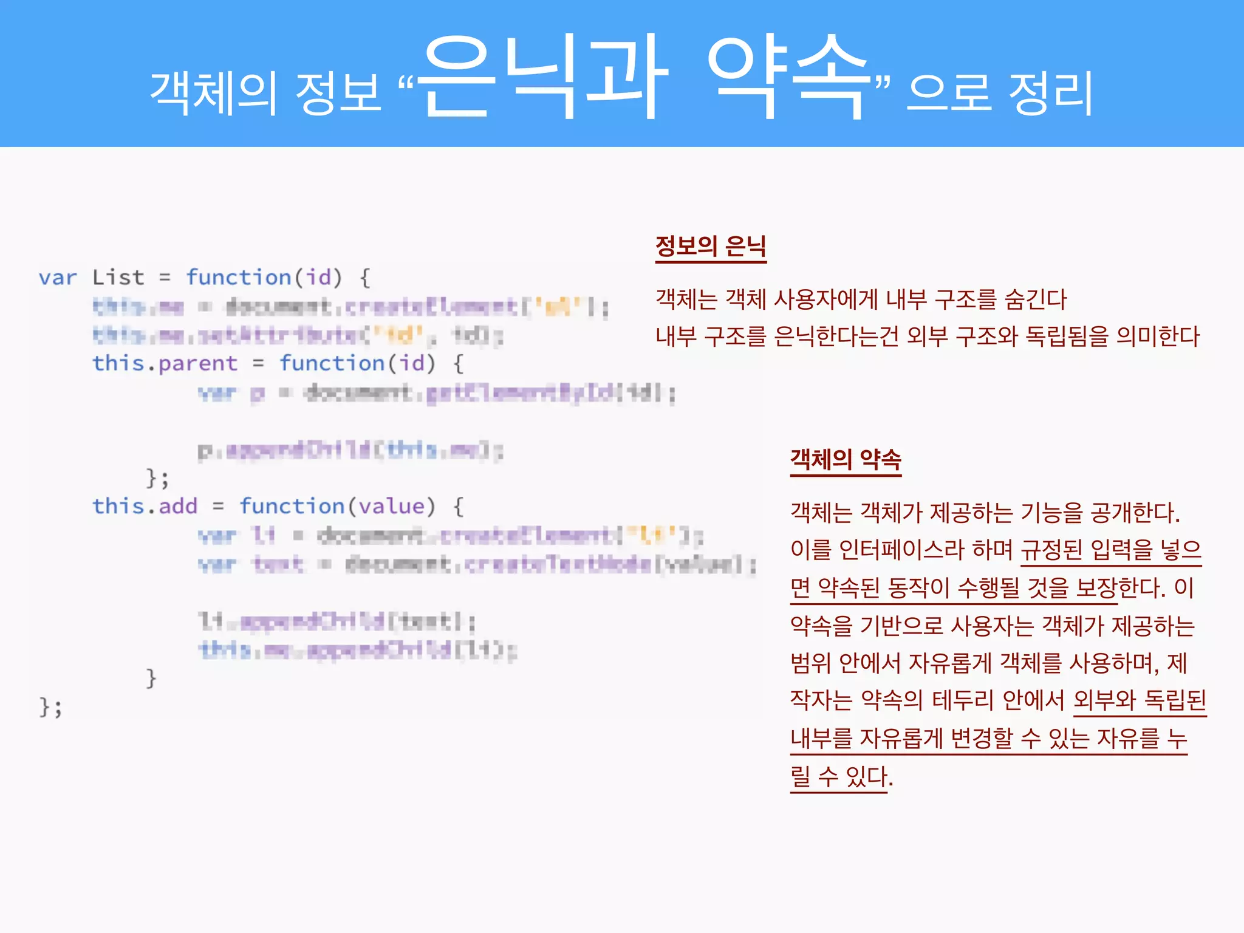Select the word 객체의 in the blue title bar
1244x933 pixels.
213,92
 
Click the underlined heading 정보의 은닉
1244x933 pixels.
711,247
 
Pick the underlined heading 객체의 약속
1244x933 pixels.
846,460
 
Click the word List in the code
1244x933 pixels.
118,278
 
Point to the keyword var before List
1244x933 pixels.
58,278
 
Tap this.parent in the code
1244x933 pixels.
165,363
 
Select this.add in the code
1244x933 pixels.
145,506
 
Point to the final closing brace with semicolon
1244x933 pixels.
50,707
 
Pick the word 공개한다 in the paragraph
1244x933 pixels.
1133,513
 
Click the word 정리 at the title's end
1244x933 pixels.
1051,92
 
